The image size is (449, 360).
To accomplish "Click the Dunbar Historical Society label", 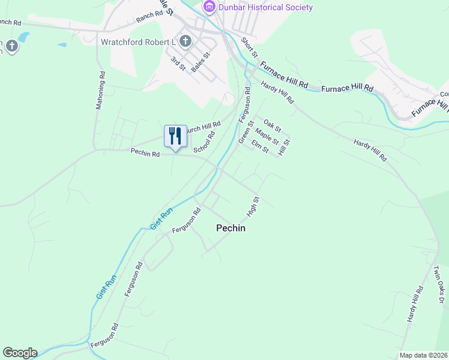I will click(x=265, y=7).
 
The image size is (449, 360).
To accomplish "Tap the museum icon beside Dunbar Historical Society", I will click(x=209, y=7).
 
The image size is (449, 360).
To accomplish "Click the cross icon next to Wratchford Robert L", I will click(x=185, y=42).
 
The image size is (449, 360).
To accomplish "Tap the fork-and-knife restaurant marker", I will click(x=175, y=137).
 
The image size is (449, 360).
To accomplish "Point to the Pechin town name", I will click(x=231, y=228).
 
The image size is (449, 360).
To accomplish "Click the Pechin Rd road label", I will click(x=145, y=154).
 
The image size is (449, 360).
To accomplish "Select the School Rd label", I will click(x=204, y=142).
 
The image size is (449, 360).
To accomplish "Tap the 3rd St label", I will click(x=178, y=64).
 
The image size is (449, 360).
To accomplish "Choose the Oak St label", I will click(x=272, y=125).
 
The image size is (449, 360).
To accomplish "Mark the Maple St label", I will click(x=267, y=136).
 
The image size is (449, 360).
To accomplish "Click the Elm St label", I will click(x=260, y=145).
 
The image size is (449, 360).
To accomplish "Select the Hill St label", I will click(x=283, y=147).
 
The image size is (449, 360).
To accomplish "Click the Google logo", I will click(x=20, y=352).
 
